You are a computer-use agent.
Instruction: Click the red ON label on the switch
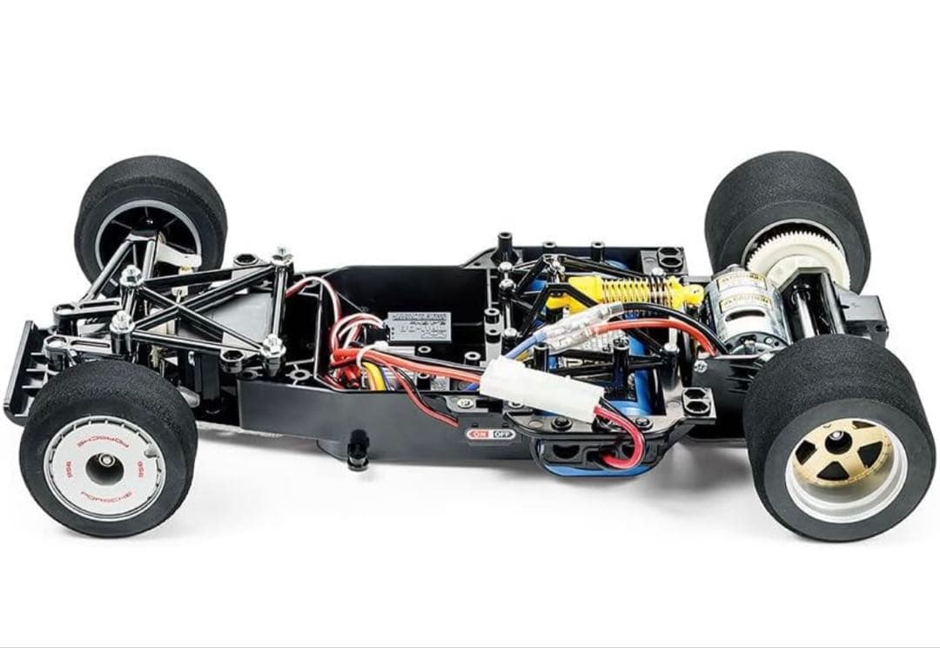coord(480,434)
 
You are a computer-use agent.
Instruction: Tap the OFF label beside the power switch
coord(503,434)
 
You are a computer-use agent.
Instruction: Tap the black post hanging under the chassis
coord(356,458)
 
